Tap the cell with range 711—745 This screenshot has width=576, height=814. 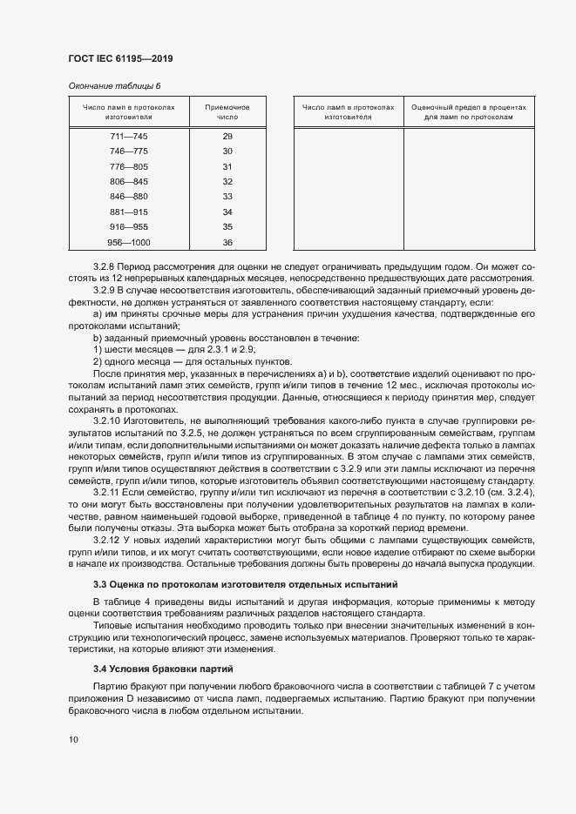[128, 137]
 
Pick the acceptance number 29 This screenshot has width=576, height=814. [227, 137]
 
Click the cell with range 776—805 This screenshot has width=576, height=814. [128, 166]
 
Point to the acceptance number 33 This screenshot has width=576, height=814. [227, 197]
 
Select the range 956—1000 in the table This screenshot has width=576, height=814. [128, 242]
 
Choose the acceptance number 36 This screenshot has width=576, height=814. [227, 242]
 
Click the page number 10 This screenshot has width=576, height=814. [72, 739]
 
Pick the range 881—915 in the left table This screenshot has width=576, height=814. [128, 212]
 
